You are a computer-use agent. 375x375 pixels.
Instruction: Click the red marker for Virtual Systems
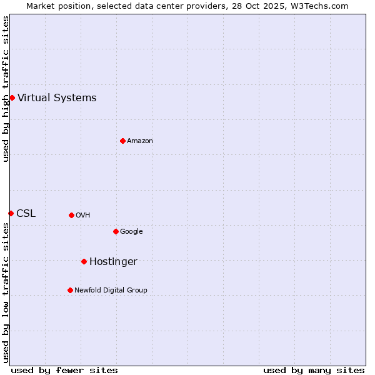point(12,97)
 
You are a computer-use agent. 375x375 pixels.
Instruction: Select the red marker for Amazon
point(122,141)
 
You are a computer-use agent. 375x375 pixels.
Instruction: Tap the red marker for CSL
point(11,213)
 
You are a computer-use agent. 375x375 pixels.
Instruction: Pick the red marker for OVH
point(71,215)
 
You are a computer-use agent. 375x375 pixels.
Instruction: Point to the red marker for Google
point(116,231)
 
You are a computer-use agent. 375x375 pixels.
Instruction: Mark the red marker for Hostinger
point(84,261)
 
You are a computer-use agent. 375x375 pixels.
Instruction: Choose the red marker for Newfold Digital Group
point(70,290)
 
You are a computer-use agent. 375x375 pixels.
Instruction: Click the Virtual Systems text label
point(57,97)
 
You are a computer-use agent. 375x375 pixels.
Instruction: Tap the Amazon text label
point(140,141)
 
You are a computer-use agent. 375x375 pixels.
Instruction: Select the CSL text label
point(26,213)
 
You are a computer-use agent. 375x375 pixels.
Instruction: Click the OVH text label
point(83,215)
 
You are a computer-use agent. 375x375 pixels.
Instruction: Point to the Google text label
point(131,231)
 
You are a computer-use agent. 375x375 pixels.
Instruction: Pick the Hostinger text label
point(113,261)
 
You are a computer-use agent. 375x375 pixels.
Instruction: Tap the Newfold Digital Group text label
point(111,290)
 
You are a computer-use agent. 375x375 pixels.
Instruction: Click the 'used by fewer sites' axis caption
point(64,370)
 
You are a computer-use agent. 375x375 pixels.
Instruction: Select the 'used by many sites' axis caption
point(314,370)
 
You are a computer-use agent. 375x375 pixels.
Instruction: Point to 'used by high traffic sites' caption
point(6,89)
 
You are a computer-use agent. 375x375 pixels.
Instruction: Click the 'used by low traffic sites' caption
point(6,292)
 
